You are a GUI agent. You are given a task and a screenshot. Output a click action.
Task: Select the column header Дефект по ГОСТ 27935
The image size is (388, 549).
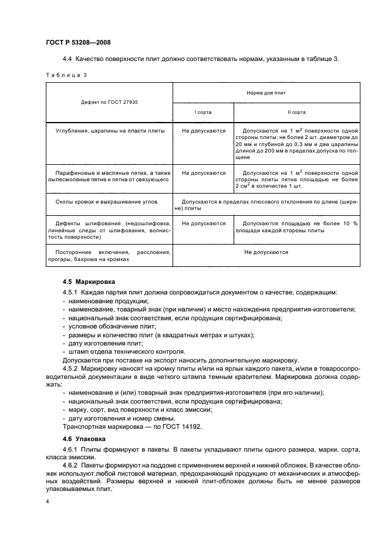[x=109, y=102]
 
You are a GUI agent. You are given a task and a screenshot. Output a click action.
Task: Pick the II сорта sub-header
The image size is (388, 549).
[x=296, y=111]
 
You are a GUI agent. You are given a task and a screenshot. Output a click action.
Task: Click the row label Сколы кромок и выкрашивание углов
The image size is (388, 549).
[x=109, y=216]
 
